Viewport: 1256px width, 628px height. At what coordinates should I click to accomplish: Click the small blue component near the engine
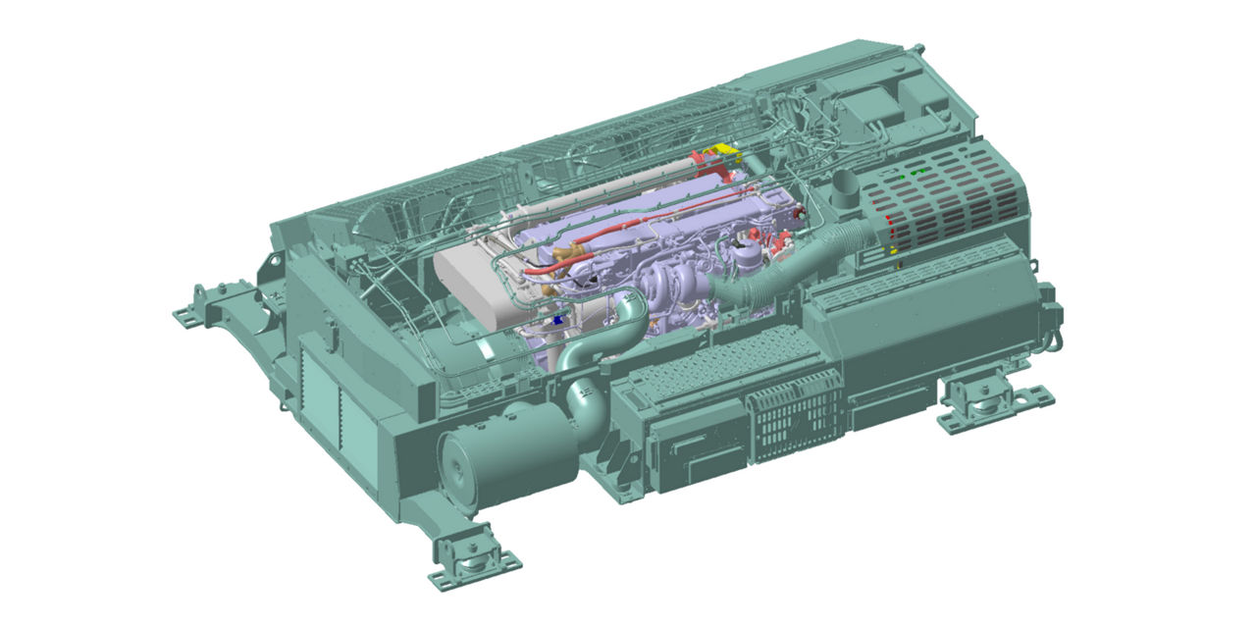tap(558, 320)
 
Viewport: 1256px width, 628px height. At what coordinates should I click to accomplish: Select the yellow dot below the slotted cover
tap(894, 251)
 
